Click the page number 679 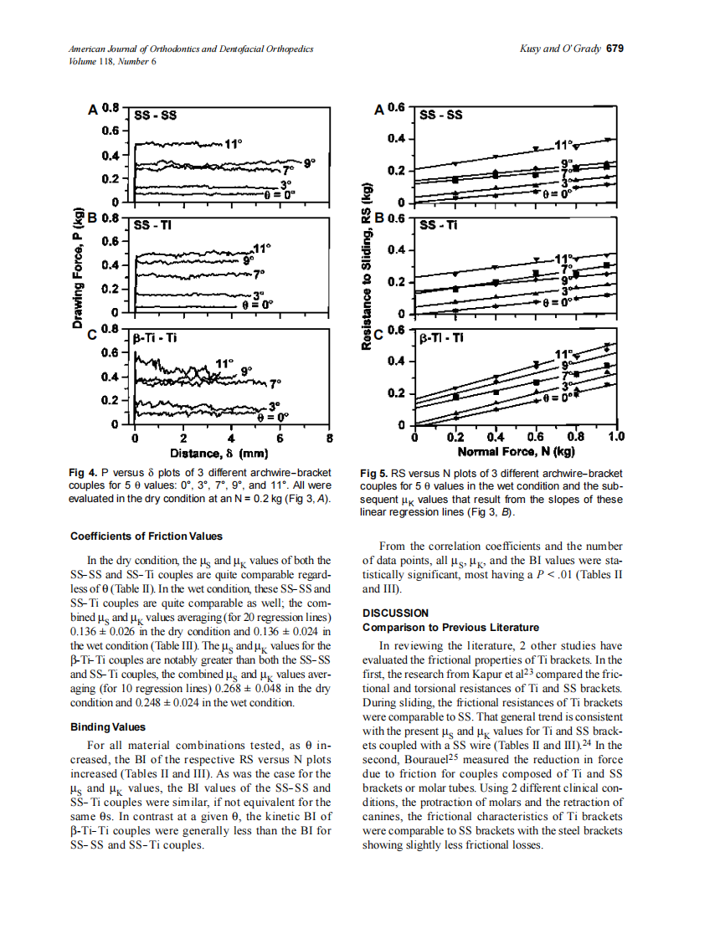[615, 49]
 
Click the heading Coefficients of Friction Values [146, 536]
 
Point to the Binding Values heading [108, 726]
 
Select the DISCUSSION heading [395, 613]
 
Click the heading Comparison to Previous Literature [450, 627]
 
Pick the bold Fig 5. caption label [374, 473]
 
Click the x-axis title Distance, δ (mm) [218, 454]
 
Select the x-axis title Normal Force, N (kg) [516, 452]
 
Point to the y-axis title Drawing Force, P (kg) [78, 272]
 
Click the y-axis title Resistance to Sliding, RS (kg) [367, 277]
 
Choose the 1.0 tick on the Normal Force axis [615, 437]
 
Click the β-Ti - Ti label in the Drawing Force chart [155, 338]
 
